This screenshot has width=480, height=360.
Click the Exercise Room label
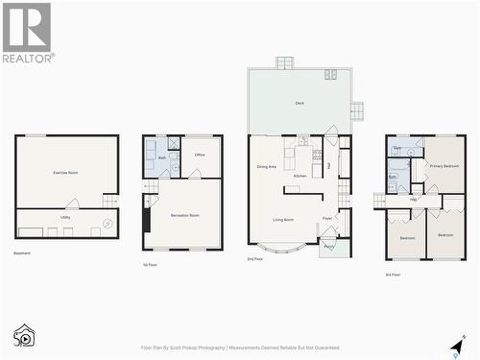[x=65, y=172]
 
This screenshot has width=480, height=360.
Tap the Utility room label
[x=65, y=218]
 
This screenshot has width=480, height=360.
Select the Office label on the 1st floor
[x=200, y=155]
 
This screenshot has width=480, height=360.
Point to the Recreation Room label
[x=187, y=215]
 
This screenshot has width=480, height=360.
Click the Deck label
[x=300, y=103]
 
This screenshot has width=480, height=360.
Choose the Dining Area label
[x=267, y=167]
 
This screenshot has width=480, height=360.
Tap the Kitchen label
[x=300, y=176]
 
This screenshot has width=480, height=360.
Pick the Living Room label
[x=283, y=220]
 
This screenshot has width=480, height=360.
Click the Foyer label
[x=327, y=218]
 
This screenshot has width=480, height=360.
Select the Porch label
[x=329, y=247]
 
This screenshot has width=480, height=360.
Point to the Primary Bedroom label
[x=444, y=166]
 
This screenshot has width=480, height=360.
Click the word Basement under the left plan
[x=22, y=253]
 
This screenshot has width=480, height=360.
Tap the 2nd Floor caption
[x=254, y=259]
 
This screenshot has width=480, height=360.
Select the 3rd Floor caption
[x=395, y=275]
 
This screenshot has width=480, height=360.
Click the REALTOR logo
[x=27, y=33]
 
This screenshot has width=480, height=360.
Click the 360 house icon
[x=23, y=335]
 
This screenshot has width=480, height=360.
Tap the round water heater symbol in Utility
[x=108, y=224]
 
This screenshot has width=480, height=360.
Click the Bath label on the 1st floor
[x=162, y=157]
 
